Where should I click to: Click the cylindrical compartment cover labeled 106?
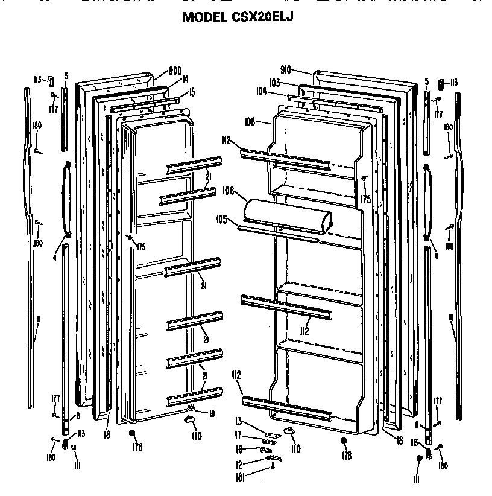287,215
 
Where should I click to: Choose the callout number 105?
221,220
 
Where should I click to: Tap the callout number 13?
238,421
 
